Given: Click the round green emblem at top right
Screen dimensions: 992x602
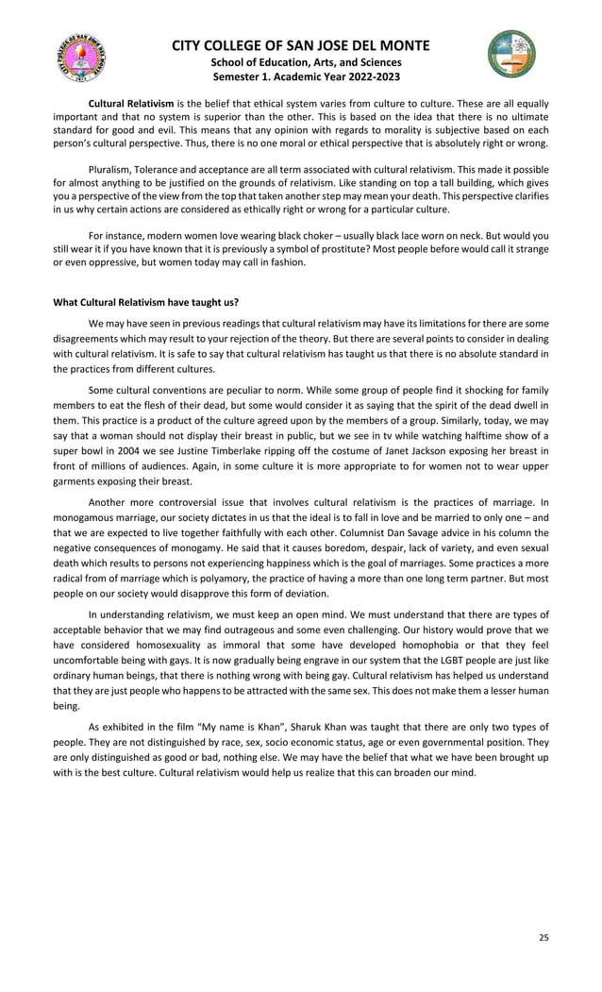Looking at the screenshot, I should [511, 53].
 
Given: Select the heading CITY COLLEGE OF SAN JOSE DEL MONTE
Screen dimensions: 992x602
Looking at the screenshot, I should [301, 45].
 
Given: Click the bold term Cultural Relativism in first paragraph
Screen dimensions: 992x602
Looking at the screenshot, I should [130, 103].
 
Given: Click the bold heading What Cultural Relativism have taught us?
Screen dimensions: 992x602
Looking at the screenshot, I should [145, 302].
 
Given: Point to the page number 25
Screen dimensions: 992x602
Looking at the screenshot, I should [543, 937].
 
